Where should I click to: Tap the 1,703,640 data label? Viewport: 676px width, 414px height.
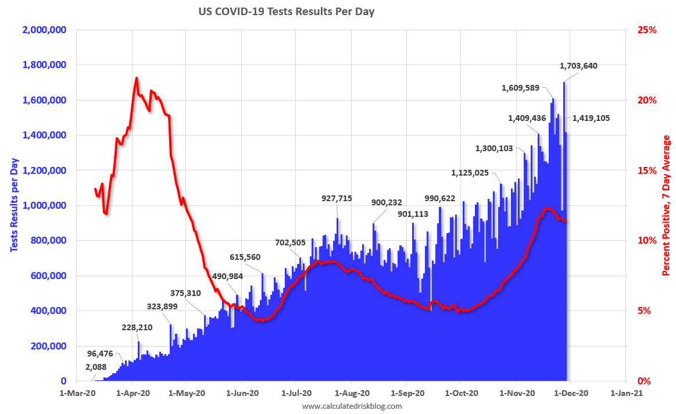tap(578, 66)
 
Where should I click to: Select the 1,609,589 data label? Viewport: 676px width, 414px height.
tap(520, 88)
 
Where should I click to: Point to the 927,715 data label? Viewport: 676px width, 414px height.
tap(337, 198)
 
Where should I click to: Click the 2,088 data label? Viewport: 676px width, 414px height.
tap(95, 367)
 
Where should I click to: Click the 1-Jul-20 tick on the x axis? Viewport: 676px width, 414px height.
tap(296, 393)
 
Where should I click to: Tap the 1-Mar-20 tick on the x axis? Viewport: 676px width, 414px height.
tap(78, 393)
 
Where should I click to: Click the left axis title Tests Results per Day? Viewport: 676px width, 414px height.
tap(13, 205)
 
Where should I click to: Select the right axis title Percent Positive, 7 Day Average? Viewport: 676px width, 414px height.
tap(667, 205)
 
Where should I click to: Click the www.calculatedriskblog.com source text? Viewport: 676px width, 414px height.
tap(352, 406)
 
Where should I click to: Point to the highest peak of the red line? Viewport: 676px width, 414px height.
tap(137, 78)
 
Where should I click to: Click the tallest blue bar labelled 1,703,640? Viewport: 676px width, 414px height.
tap(564, 233)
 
